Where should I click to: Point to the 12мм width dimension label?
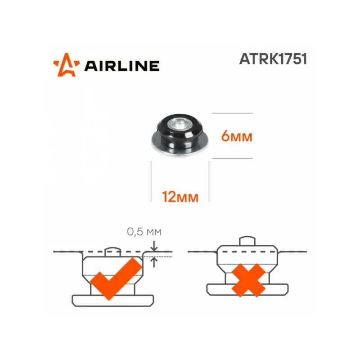coord(180,196)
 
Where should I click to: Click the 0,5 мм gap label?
coord(144,232)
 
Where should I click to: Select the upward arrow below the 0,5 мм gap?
coord(155,261)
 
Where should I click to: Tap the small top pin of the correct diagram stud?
coord(112,251)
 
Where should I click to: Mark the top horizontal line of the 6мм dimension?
coord(232,113)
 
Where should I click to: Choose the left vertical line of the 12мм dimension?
coord(151,182)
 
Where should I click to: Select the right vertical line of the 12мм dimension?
coord(209,182)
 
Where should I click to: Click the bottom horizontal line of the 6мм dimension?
coord(232,158)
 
